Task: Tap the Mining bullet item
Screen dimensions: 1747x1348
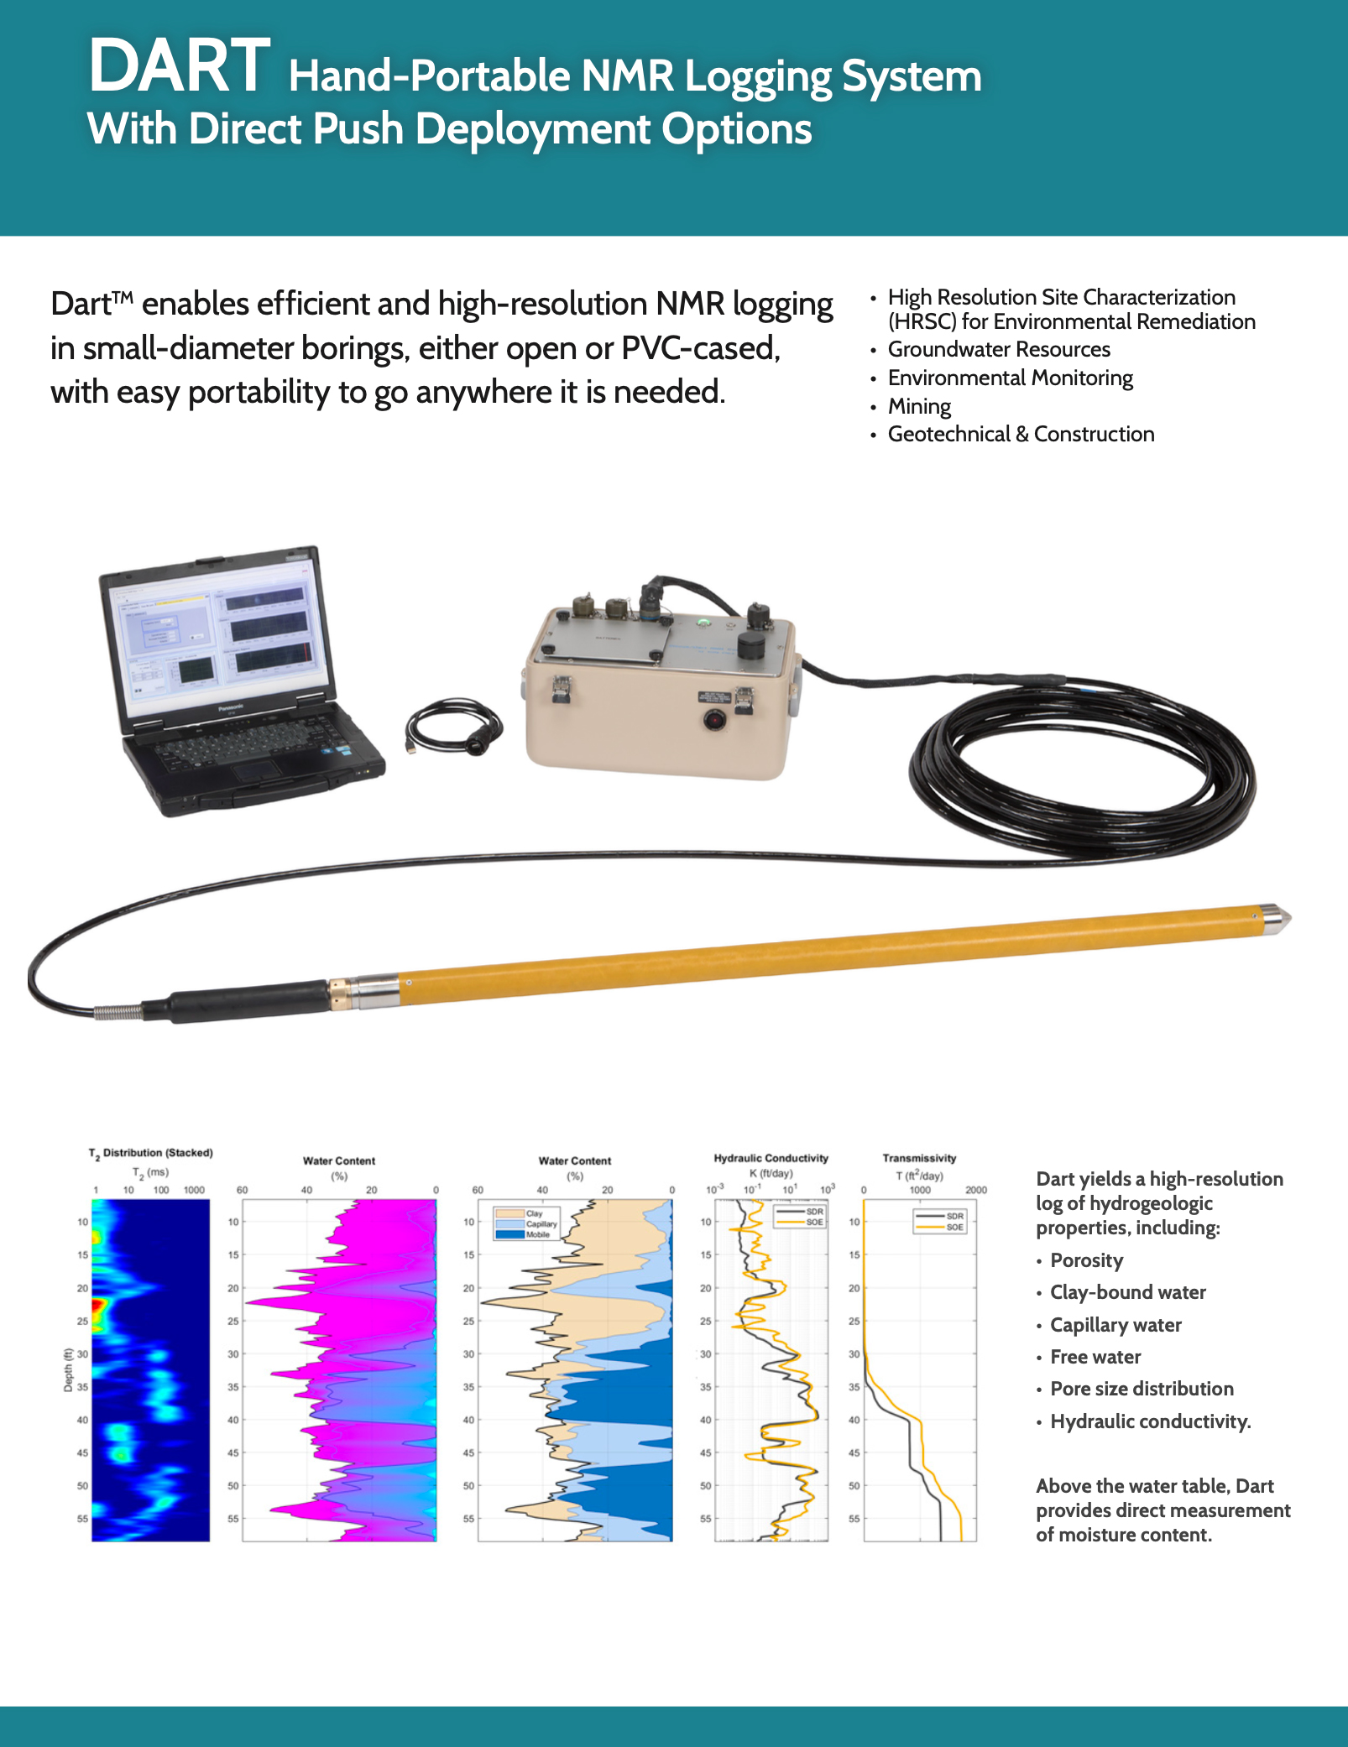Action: pos(919,406)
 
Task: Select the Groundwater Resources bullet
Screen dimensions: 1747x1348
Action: pos(999,349)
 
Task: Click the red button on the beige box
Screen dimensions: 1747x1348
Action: pos(714,719)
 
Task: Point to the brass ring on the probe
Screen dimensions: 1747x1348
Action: pos(339,993)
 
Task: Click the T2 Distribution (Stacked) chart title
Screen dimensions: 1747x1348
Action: pos(151,1153)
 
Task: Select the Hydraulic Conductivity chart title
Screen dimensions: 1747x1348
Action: pos(771,1158)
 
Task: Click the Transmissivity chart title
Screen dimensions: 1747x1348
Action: pos(919,1158)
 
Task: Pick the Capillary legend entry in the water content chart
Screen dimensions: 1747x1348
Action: pos(541,1224)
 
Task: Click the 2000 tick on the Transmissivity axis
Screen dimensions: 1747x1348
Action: pos(975,1190)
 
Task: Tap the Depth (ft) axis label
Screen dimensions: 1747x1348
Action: pos(68,1369)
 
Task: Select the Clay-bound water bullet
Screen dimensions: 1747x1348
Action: pos(1127,1292)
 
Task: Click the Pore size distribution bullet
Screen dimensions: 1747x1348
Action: pos(1142,1389)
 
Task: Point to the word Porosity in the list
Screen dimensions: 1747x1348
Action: pos(1086,1260)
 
